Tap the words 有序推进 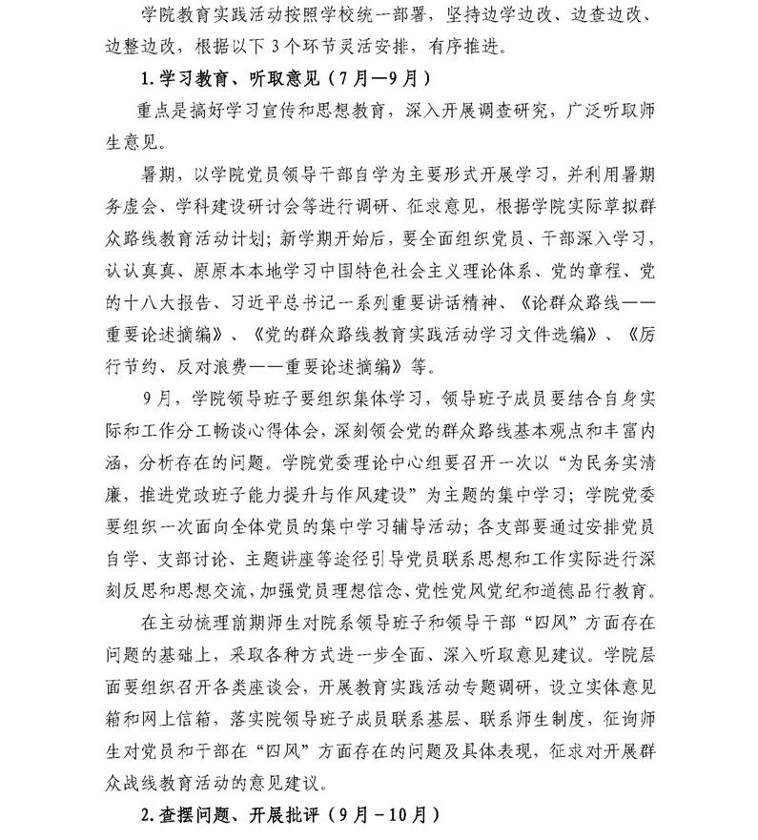pos(478,45)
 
